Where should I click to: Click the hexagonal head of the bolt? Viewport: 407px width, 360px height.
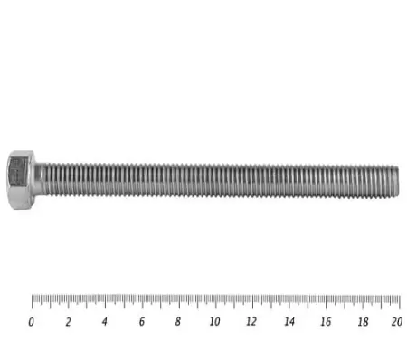pos(21,180)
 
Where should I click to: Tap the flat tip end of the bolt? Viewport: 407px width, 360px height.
pos(398,182)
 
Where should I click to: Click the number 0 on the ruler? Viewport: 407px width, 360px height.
pos(31,322)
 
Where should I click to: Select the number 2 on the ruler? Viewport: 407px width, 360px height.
pos(69,322)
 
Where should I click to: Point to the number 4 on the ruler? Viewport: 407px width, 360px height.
pos(105,321)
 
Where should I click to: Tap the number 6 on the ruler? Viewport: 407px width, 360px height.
pos(142,321)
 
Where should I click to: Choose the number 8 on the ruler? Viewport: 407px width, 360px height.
pos(178,321)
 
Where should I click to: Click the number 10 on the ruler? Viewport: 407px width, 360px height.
pos(214,321)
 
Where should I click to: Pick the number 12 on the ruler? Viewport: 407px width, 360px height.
pos(251,321)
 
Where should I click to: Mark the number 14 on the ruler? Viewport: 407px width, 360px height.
pos(289,321)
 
